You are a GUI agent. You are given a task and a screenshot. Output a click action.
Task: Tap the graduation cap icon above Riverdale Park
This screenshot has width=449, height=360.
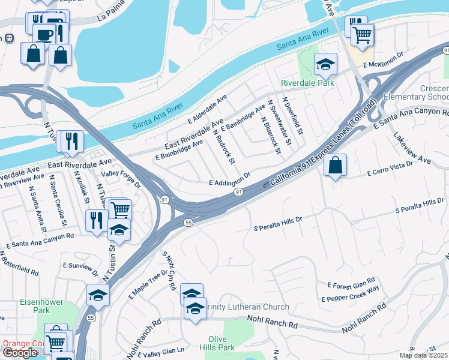(325, 64)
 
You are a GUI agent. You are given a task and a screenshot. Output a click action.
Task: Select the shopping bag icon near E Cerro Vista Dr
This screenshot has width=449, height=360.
(336, 165)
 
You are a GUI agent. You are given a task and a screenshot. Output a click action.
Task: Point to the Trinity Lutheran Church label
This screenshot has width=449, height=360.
(247, 307)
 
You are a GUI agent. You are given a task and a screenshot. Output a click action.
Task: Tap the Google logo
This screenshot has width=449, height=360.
(20, 353)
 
